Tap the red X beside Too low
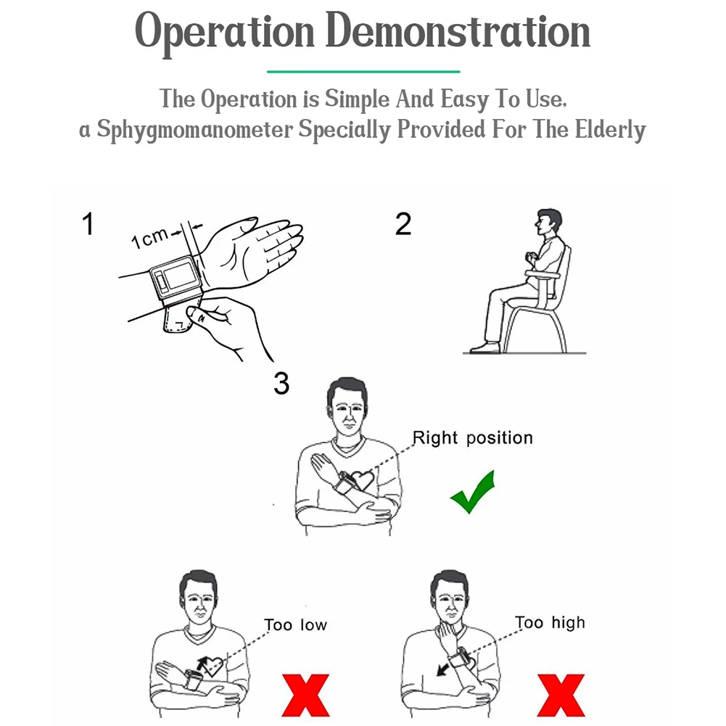pyautogui.click(x=305, y=695)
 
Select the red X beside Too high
pyautogui.click(x=561, y=695)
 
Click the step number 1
pyautogui.click(x=88, y=224)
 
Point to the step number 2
pyautogui.click(x=403, y=224)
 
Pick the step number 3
pyautogui.click(x=281, y=384)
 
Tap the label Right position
pyautogui.click(x=473, y=438)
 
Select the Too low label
pyautogui.click(x=295, y=624)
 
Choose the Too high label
pyautogui.click(x=550, y=623)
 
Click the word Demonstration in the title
pyautogui.click(x=458, y=31)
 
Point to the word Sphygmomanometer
pyautogui.click(x=195, y=130)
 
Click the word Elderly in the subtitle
pyautogui.click(x=610, y=130)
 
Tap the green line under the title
pyautogui.click(x=363, y=72)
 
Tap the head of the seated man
pyautogui.click(x=548, y=223)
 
